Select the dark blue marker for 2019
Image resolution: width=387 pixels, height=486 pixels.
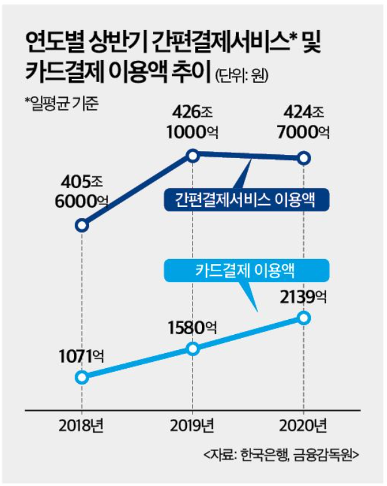pos(193,155)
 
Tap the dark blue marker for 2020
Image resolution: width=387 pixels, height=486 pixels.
pos(304,158)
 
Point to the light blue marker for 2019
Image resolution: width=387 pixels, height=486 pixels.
pos(193,348)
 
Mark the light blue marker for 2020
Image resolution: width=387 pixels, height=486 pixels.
pos(304,318)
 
